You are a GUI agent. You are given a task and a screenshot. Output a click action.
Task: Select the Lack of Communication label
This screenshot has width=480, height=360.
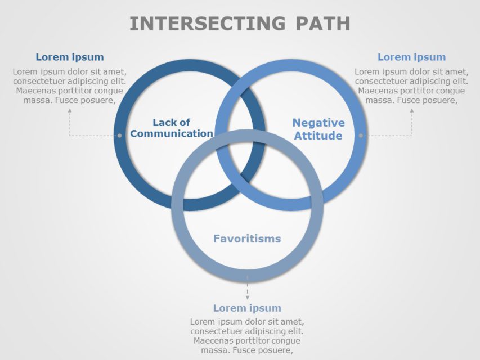pos(172,128)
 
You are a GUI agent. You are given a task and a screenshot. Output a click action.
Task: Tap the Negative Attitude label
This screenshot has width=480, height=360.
pos(318,129)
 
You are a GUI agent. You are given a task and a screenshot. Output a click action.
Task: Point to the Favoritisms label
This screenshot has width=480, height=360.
pos(246,239)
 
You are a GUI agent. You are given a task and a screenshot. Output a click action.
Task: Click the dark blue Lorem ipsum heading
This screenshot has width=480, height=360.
pos(70,57)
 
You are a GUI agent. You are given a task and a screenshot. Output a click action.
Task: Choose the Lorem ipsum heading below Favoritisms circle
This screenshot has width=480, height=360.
pos(247,308)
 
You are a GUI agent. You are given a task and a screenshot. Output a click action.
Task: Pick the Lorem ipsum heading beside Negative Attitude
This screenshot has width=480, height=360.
pos(411,57)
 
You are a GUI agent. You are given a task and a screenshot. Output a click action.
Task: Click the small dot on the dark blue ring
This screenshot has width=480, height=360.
pos(119,136)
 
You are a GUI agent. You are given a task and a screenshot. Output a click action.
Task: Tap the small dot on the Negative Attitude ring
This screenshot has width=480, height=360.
pos(361,136)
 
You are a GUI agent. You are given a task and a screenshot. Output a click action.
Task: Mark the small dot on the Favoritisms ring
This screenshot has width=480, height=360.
pos(247,277)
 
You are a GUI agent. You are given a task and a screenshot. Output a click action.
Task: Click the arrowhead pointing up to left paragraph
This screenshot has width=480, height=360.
pos(70,111)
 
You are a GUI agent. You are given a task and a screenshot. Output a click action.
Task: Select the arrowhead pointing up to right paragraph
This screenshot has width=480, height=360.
pos(411,111)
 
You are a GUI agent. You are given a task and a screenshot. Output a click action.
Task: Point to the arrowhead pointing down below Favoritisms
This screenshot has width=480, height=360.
pos(247,296)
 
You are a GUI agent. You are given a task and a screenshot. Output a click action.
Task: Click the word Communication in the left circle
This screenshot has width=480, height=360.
pos(172,134)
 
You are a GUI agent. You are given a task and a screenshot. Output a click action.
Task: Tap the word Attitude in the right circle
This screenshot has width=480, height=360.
pos(318,136)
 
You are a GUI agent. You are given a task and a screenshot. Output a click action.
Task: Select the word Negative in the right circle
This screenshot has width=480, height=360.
pos(318,123)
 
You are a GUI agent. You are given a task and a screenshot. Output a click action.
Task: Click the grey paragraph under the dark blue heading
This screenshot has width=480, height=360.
pos(70,86)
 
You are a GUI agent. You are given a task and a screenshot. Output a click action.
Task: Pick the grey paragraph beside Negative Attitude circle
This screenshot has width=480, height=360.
pos(411,86)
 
